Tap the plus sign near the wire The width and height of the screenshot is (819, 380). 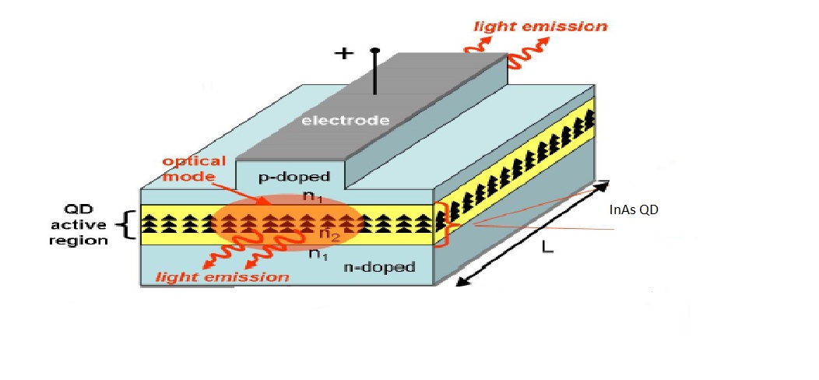pyautogui.click(x=343, y=54)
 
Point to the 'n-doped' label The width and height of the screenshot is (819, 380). pyautogui.click(x=378, y=267)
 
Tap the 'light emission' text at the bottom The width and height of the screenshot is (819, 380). pyautogui.click(x=223, y=276)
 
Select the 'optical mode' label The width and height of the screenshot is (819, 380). pyautogui.click(x=194, y=169)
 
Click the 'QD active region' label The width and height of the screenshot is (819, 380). pyautogui.click(x=86, y=226)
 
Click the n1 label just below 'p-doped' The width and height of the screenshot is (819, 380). pyautogui.click(x=311, y=197)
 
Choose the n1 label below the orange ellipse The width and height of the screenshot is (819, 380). pyautogui.click(x=318, y=253)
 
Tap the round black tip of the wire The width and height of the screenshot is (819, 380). pyautogui.click(x=375, y=52)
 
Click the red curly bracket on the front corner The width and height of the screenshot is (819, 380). pyautogui.click(x=442, y=224)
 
